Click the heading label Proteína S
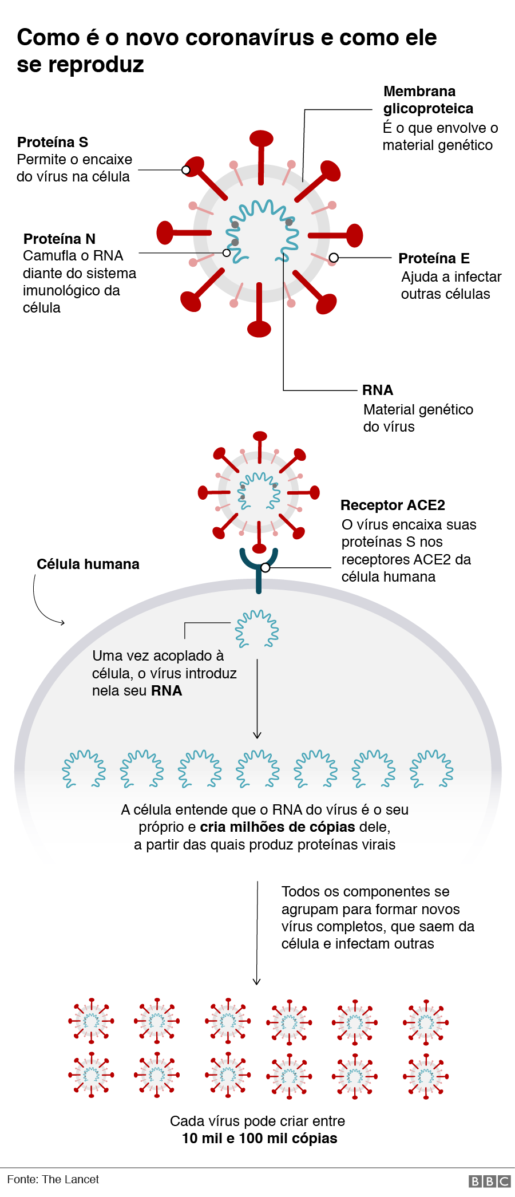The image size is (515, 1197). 53,142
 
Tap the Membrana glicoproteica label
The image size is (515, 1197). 428,100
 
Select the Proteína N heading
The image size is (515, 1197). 60,239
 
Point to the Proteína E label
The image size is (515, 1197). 434,258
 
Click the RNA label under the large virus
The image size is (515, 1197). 378,390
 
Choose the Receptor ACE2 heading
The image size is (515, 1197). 393,505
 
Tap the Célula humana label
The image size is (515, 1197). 88,564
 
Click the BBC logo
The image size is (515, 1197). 489,1181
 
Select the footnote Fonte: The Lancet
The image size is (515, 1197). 53,1179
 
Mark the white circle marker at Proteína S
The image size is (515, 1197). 186,170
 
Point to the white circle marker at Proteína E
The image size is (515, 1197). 334,258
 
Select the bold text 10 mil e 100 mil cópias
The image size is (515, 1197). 259,1138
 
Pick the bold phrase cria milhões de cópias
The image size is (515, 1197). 278,827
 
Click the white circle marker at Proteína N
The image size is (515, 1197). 227,253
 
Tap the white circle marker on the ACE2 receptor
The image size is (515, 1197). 265,568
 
